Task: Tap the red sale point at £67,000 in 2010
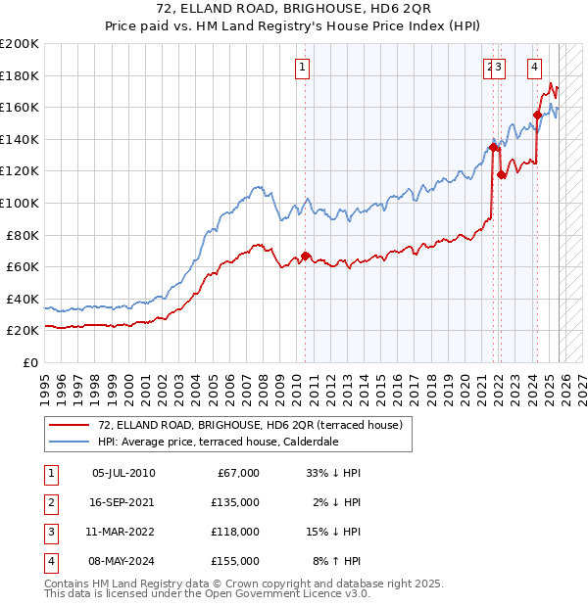305,257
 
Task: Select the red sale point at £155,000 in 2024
537,115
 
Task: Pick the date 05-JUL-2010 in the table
122,473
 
